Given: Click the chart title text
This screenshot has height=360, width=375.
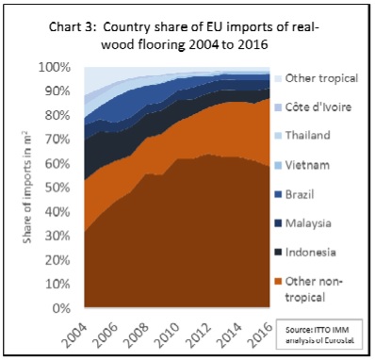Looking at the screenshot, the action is point(184,36).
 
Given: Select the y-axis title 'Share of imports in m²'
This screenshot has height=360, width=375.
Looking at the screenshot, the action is point(28,187).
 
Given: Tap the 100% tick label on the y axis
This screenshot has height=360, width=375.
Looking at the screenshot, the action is point(54,67).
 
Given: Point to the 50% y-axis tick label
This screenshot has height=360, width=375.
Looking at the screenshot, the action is point(57,188).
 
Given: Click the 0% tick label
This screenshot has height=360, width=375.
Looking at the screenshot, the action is point(60,308).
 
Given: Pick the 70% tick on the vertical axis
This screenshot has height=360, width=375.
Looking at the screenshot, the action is point(57,139).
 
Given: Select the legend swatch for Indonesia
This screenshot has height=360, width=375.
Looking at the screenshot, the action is point(278,253).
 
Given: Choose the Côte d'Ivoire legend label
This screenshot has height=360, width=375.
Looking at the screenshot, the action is point(318,107).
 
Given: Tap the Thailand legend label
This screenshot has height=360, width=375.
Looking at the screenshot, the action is point(308,135).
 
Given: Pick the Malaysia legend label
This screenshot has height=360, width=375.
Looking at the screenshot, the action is point(308,223).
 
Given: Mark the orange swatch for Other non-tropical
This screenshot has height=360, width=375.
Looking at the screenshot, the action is point(278,281).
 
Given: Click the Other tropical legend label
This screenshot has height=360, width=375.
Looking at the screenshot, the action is point(321,78).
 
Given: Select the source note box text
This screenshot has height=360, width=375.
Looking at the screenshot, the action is point(319,335).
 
